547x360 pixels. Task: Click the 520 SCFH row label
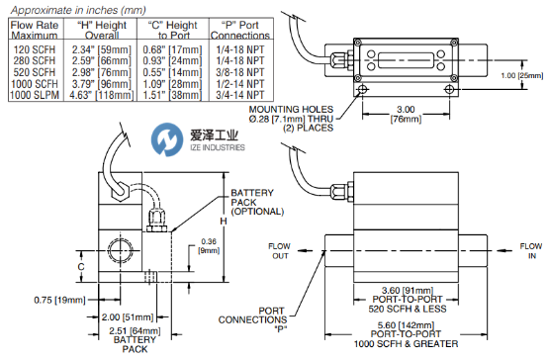pos(35,72)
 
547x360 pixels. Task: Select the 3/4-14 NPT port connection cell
pos(240,95)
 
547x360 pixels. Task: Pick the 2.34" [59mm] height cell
pos(102,49)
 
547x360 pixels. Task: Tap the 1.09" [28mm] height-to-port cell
pos(172,84)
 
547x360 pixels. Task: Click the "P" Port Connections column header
pos(240,30)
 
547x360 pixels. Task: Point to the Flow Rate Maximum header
pos(35,30)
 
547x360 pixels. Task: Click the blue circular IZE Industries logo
pos(167,139)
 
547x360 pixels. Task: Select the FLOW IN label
pos(531,251)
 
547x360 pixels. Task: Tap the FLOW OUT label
pos(279,251)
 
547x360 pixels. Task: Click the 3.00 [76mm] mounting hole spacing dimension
pos(406,114)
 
